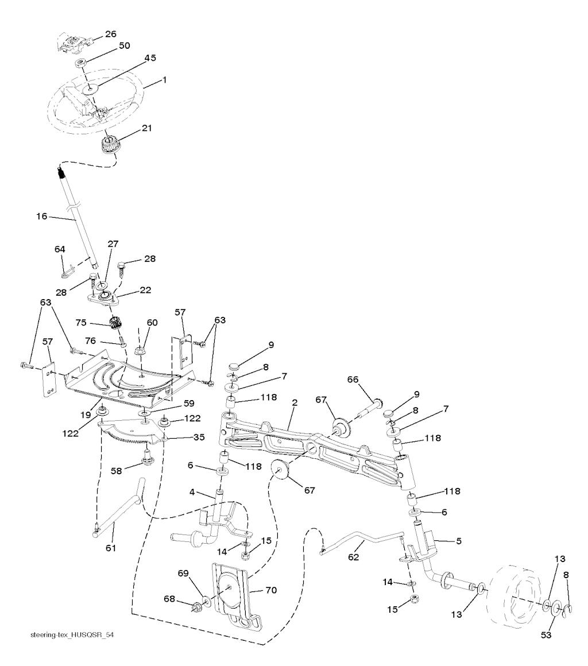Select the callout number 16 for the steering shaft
click(41, 216)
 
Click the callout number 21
click(147, 128)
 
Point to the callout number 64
click(60, 249)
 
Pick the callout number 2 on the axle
click(294, 403)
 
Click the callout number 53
click(554, 636)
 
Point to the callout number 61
click(110, 548)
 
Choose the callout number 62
click(355, 556)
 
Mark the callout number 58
click(117, 471)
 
